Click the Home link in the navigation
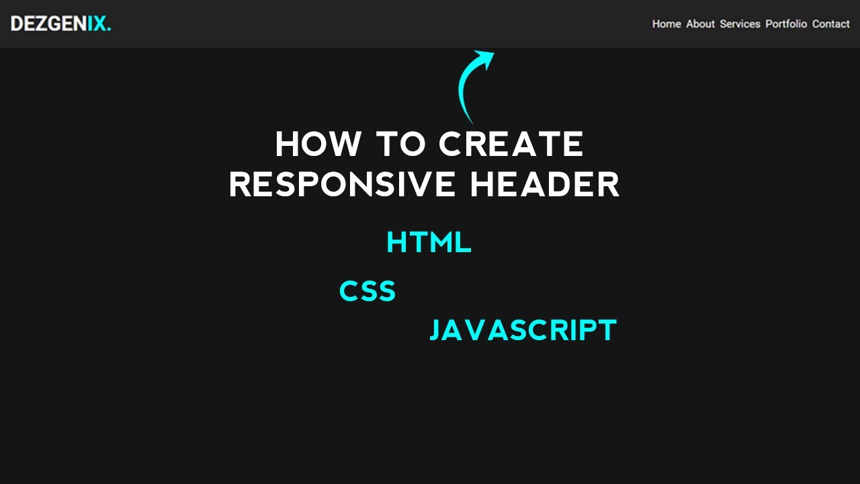point(666,24)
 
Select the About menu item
point(700,24)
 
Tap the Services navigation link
point(740,24)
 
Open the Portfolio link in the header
point(786,24)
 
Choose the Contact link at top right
point(830,24)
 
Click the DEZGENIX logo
point(60,24)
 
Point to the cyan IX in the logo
point(97,24)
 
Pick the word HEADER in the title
point(544,184)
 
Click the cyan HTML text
point(429,243)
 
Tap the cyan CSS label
point(368,292)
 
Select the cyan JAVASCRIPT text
point(523,331)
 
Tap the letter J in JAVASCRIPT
point(435,331)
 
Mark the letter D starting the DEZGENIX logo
point(18,24)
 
